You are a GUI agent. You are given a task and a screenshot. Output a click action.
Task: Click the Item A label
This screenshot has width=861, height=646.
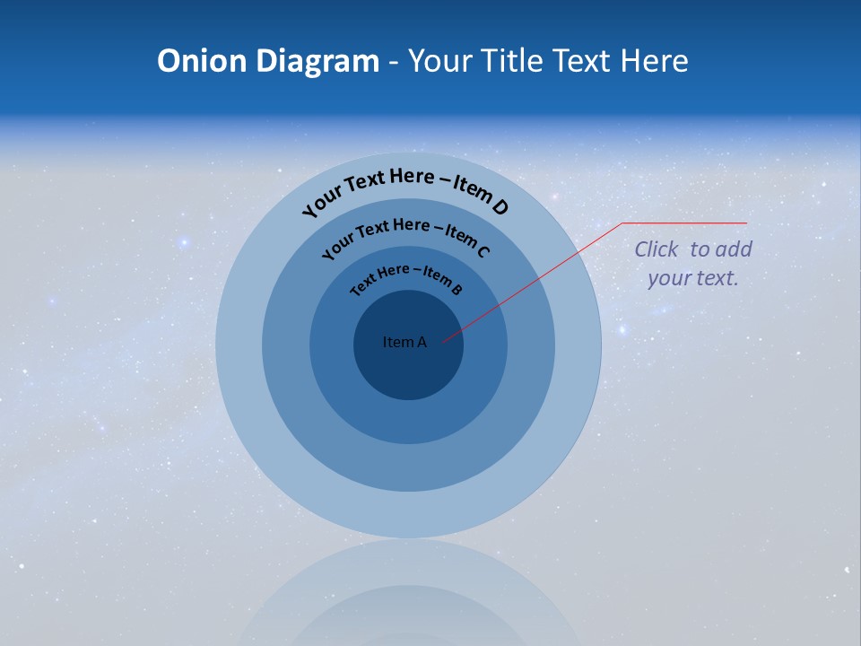click(x=404, y=342)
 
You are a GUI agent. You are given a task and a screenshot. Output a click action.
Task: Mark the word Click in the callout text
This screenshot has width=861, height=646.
click(x=657, y=249)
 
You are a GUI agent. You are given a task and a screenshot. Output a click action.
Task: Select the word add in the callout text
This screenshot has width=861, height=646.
click(x=735, y=249)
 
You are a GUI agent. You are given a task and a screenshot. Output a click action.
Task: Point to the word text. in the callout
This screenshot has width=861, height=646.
click(x=717, y=278)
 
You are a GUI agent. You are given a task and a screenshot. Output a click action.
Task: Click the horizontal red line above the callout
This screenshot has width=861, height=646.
click(x=686, y=223)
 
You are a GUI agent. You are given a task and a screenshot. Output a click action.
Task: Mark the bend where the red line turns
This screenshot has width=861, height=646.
click(x=623, y=223)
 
